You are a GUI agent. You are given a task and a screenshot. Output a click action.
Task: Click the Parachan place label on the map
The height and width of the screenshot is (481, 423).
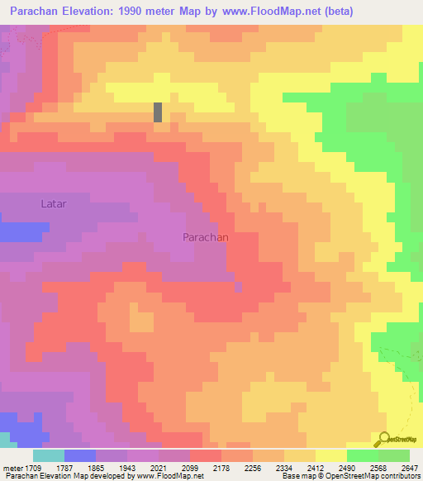pyautogui.click(x=205, y=236)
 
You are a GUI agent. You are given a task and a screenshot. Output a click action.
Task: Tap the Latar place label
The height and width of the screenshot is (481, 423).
pyautogui.click(x=53, y=202)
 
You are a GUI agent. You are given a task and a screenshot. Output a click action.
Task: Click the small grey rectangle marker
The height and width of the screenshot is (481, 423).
pyautogui.click(x=158, y=112)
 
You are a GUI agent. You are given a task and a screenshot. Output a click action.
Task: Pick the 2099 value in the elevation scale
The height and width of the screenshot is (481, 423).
pyautogui.click(x=207, y=468)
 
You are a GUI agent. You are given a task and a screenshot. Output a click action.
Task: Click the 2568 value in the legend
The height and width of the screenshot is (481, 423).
pyautogui.click(x=380, y=468)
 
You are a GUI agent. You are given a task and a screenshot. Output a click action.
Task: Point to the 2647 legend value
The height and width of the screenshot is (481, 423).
pyautogui.click(x=411, y=468)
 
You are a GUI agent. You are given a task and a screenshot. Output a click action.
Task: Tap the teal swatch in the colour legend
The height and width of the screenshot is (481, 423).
pyautogui.click(x=49, y=455)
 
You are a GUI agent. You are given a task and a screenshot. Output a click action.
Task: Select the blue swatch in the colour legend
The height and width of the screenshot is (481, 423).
pyautogui.click(x=80, y=455)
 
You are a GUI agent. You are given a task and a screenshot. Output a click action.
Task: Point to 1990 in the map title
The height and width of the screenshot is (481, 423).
pyautogui.click(x=131, y=12)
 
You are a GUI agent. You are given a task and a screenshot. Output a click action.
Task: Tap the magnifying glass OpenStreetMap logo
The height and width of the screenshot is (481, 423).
pyautogui.click(x=384, y=439)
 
